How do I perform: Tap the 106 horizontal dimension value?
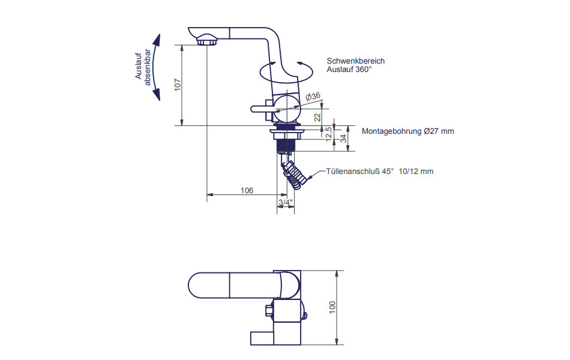[x=246, y=190]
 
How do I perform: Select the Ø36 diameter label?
[x=313, y=96]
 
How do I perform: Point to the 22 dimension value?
[x=317, y=117]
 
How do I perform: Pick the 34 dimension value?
[x=343, y=139]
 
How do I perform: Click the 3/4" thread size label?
[x=285, y=202]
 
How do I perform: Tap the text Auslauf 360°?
[x=349, y=70]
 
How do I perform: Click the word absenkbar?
[x=148, y=69]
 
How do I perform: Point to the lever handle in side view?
[x=262, y=109]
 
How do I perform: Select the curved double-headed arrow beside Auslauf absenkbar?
[x=157, y=67]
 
